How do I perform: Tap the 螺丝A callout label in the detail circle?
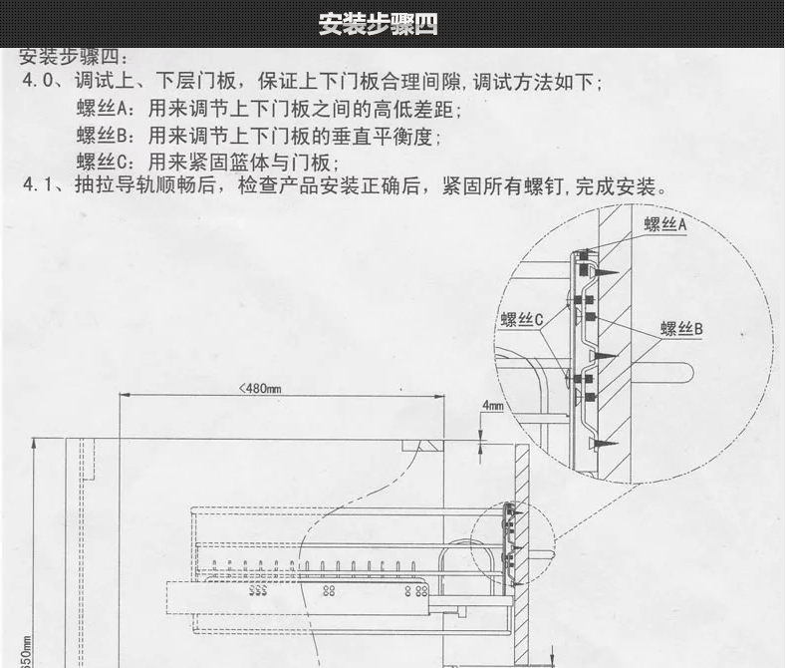pyautogui.click(x=665, y=224)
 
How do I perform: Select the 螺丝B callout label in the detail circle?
pyautogui.click(x=681, y=328)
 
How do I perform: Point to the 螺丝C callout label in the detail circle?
pyautogui.click(x=521, y=320)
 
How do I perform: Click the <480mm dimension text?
pyautogui.click(x=260, y=388)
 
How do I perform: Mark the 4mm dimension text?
pyautogui.click(x=492, y=406)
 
